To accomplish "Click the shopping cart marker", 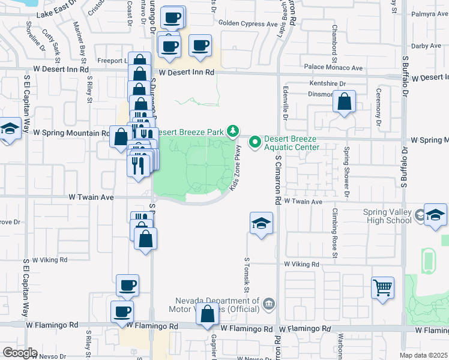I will click(x=382, y=288).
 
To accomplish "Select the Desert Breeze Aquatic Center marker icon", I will click(x=255, y=142).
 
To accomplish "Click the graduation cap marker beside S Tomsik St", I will click(x=261, y=224).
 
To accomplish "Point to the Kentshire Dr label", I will click(x=328, y=83).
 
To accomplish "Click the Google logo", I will click(x=20, y=353).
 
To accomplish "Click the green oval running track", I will click(x=427, y=261).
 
